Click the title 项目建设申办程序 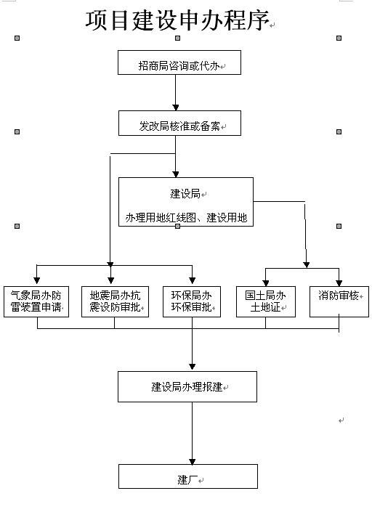tap(177, 20)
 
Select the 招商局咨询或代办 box tap(179, 62)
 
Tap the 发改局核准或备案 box tap(179, 123)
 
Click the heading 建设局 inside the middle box tap(185, 193)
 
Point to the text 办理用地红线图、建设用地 tap(186, 218)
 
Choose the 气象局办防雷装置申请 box tap(36, 302)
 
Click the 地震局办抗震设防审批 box tap(115, 302)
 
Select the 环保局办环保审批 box tap(192, 302)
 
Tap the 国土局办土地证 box tap(265, 302)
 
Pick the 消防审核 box tap(339, 302)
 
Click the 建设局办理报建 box tap(187, 386)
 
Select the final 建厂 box tap(188, 476)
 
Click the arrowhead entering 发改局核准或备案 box tap(176, 107)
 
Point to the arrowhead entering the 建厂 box tap(192, 461)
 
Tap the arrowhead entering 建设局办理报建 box tap(192, 367)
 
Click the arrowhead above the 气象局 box tap(37, 280)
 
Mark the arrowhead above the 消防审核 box tap(339, 283)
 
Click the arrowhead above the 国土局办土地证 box tap(265, 283)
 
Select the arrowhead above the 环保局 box tap(192, 280)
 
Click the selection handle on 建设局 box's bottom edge tap(177, 226)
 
